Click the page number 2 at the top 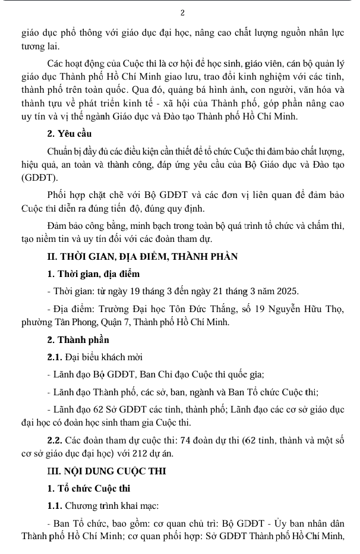(x=182, y=12)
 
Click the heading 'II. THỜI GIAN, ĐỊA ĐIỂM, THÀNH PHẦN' (x=143, y=257)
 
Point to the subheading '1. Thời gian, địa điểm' (x=94, y=274)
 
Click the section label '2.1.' (x=55, y=357)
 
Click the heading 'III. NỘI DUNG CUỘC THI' (x=107, y=471)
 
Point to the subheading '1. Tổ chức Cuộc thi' (x=89, y=489)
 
